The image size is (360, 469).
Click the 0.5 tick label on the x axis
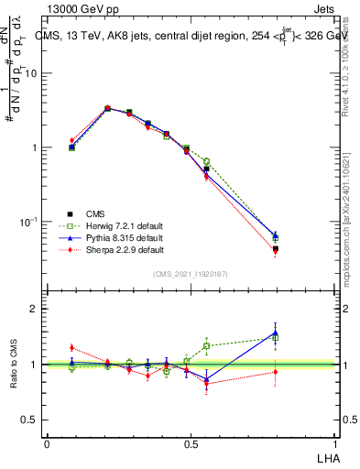click(191, 443)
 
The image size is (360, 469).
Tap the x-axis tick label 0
click(47, 443)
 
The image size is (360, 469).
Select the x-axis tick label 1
click(335, 443)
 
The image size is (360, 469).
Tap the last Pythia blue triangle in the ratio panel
click(276, 333)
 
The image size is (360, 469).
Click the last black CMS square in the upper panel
click(276, 249)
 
